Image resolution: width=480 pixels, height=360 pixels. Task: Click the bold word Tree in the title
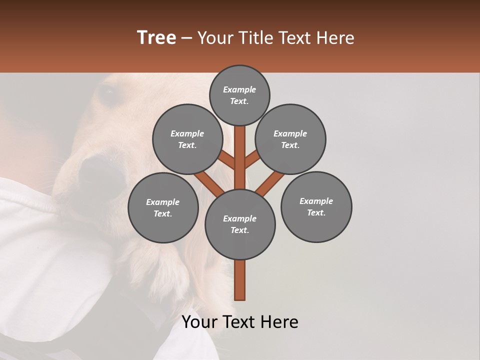pos(156,38)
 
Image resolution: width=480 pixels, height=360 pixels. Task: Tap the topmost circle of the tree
pos(239,95)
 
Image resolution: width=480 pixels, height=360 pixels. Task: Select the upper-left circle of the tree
pos(187,139)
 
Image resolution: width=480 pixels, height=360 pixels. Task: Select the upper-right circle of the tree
pos(290,139)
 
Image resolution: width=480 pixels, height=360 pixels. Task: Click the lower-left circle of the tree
pos(163,207)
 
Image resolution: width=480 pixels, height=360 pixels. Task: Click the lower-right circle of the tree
pos(316,207)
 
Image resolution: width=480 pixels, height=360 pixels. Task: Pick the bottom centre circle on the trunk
pos(240,224)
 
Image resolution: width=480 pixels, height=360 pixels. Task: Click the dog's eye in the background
pos(106,93)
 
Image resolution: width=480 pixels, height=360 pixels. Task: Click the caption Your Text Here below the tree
pos(240,322)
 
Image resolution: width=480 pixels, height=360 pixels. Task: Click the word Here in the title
pos(338,38)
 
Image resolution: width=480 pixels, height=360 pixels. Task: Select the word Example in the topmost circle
pos(239,90)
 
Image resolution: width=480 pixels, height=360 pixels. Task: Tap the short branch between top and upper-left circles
pos(227,160)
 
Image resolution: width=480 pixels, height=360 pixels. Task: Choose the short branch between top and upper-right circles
pos(252,160)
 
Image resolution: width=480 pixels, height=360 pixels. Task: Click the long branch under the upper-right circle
pos(270,182)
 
